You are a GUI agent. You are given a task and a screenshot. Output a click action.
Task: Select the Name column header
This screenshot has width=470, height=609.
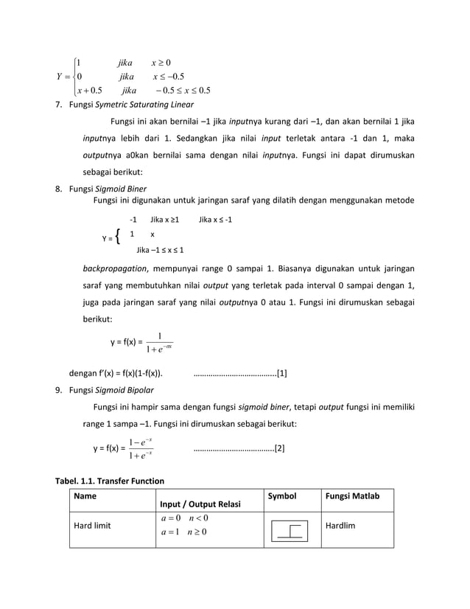(x=85, y=497)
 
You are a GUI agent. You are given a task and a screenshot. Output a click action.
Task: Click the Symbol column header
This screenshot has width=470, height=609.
(x=281, y=497)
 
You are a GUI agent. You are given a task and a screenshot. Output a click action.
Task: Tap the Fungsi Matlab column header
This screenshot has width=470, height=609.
(x=351, y=497)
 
